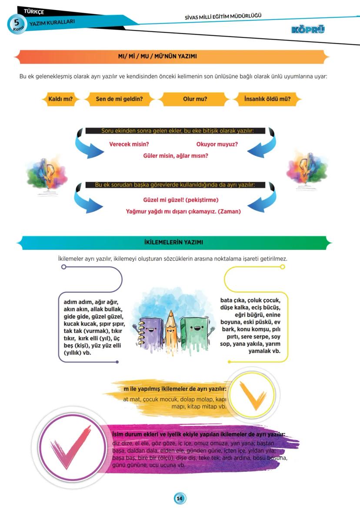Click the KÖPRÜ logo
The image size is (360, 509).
pos(308,30)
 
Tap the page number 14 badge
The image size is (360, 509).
pos(180,498)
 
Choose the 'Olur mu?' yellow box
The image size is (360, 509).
pos(195,99)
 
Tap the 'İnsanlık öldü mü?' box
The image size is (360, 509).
pos(267,99)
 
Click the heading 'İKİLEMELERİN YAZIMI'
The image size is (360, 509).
pos(173,242)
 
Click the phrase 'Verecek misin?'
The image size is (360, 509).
pos(129,144)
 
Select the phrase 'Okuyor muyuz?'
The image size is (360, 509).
pos(217,144)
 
